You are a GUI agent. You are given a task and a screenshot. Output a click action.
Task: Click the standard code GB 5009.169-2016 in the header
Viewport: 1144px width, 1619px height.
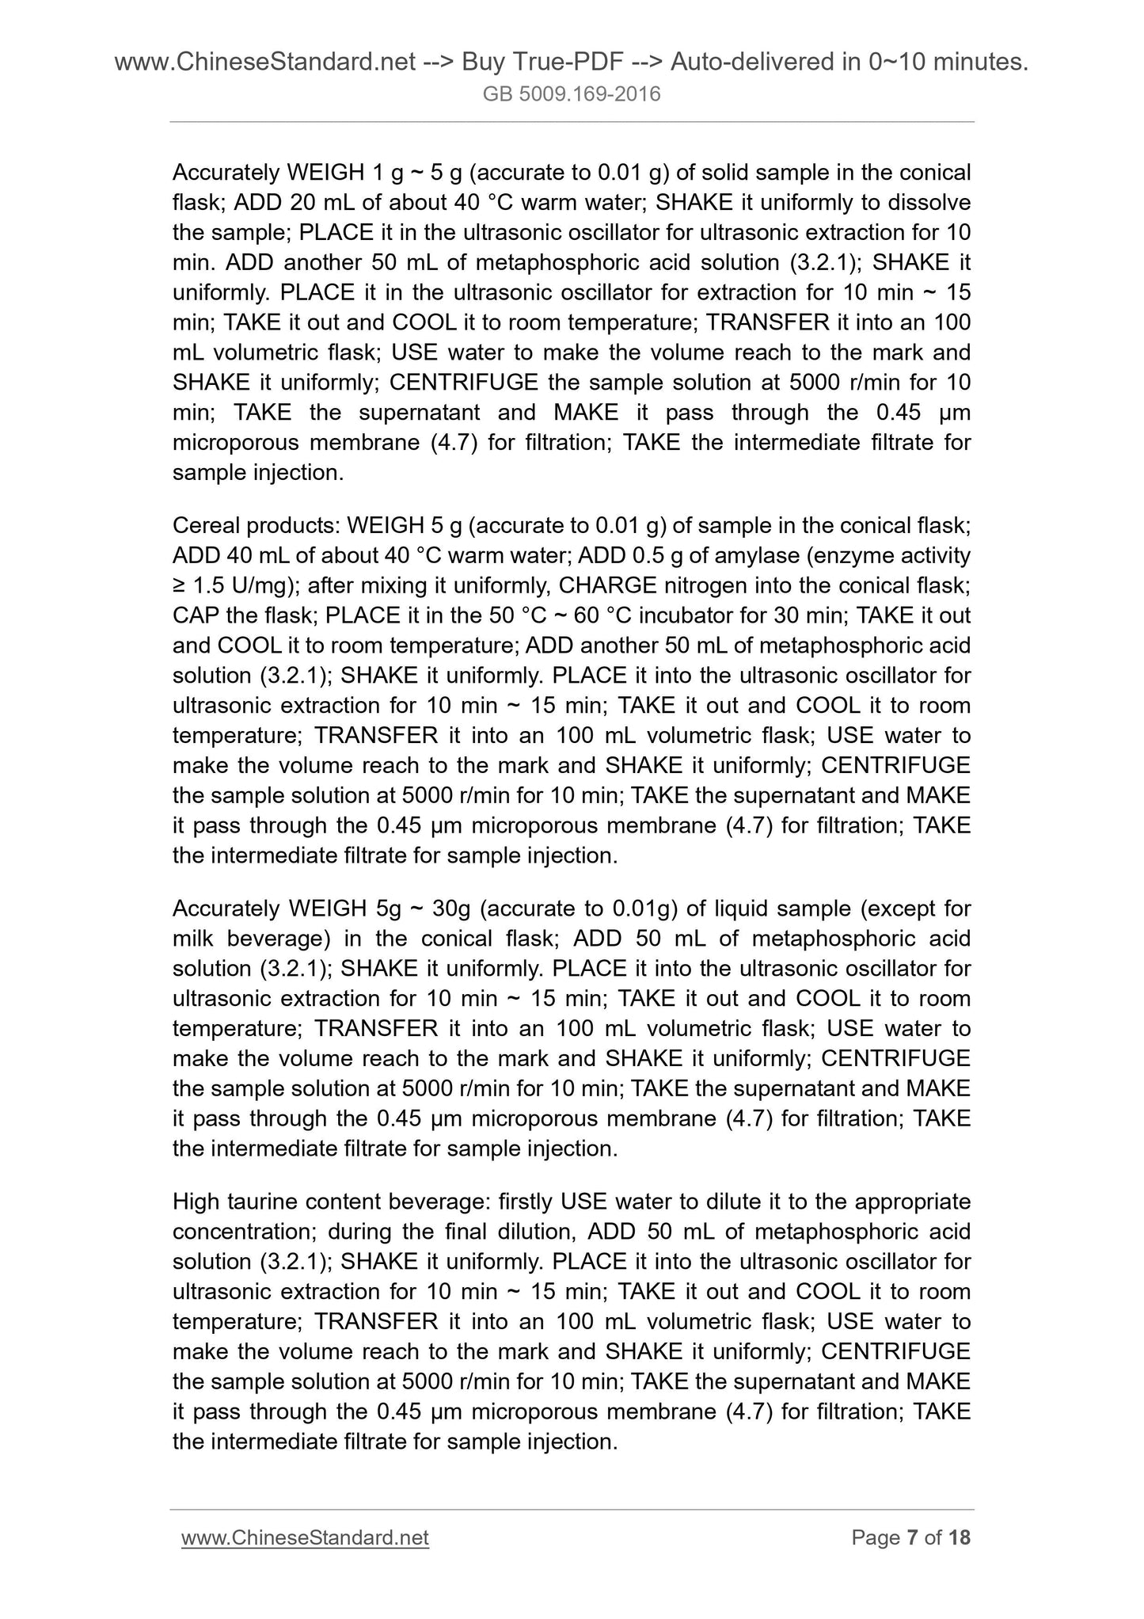[x=572, y=95]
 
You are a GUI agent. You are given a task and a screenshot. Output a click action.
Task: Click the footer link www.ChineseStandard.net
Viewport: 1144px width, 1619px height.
[x=305, y=1537]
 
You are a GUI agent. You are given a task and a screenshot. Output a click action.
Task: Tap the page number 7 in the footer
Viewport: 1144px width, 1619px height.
[x=912, y=1537]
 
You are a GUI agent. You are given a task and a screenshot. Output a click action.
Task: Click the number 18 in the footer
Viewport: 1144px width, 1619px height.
[x=959, y=1537]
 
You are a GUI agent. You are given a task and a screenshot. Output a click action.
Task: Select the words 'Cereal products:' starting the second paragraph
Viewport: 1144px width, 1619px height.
[x=256, y=526]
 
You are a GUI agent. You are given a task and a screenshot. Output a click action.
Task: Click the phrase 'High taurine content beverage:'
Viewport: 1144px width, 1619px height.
[x=332, y=1202]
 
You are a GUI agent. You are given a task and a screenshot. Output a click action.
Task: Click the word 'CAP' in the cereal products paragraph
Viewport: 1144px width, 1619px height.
[x=194, y=615]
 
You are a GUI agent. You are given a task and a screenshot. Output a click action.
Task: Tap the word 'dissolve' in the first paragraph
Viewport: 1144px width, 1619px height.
[x=929, y=203]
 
